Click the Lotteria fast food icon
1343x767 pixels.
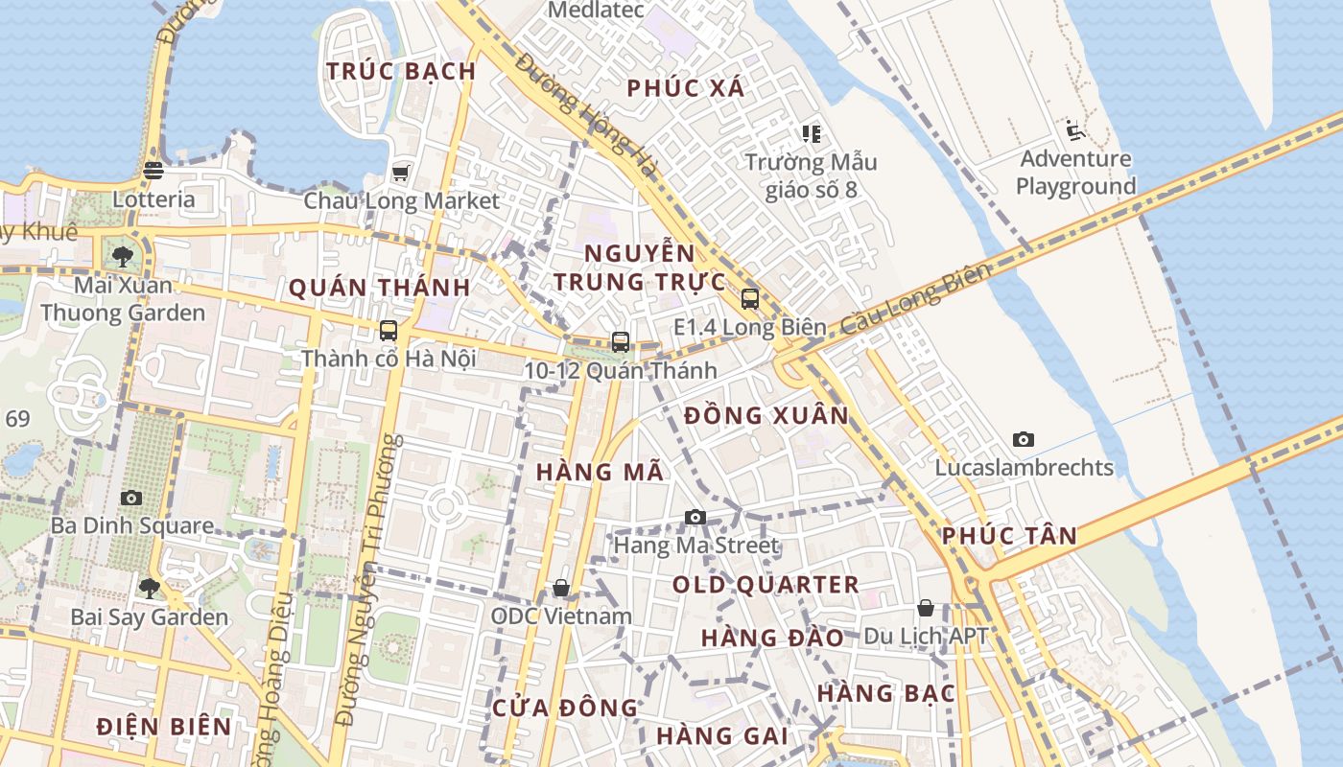153,171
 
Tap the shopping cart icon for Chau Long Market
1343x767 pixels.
401,174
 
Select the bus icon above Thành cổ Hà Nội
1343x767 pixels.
389,331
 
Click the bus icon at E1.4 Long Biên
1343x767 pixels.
750,299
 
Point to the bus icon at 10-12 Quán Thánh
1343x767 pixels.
621,342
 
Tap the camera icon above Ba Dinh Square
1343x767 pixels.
131,498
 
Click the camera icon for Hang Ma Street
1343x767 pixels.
695,518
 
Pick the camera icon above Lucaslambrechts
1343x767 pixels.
1024,440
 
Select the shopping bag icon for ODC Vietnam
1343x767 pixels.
561,587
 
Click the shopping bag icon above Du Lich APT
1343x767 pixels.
926,608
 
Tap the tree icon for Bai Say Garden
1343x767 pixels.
149,588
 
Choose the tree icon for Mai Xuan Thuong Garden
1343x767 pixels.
123,256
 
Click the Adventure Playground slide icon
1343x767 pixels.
1074,130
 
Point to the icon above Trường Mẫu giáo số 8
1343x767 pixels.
812,134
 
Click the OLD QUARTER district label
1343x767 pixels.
766,585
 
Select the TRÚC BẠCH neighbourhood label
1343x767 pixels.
401,71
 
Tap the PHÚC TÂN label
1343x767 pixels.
1010,536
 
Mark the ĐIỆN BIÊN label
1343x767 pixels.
164,727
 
